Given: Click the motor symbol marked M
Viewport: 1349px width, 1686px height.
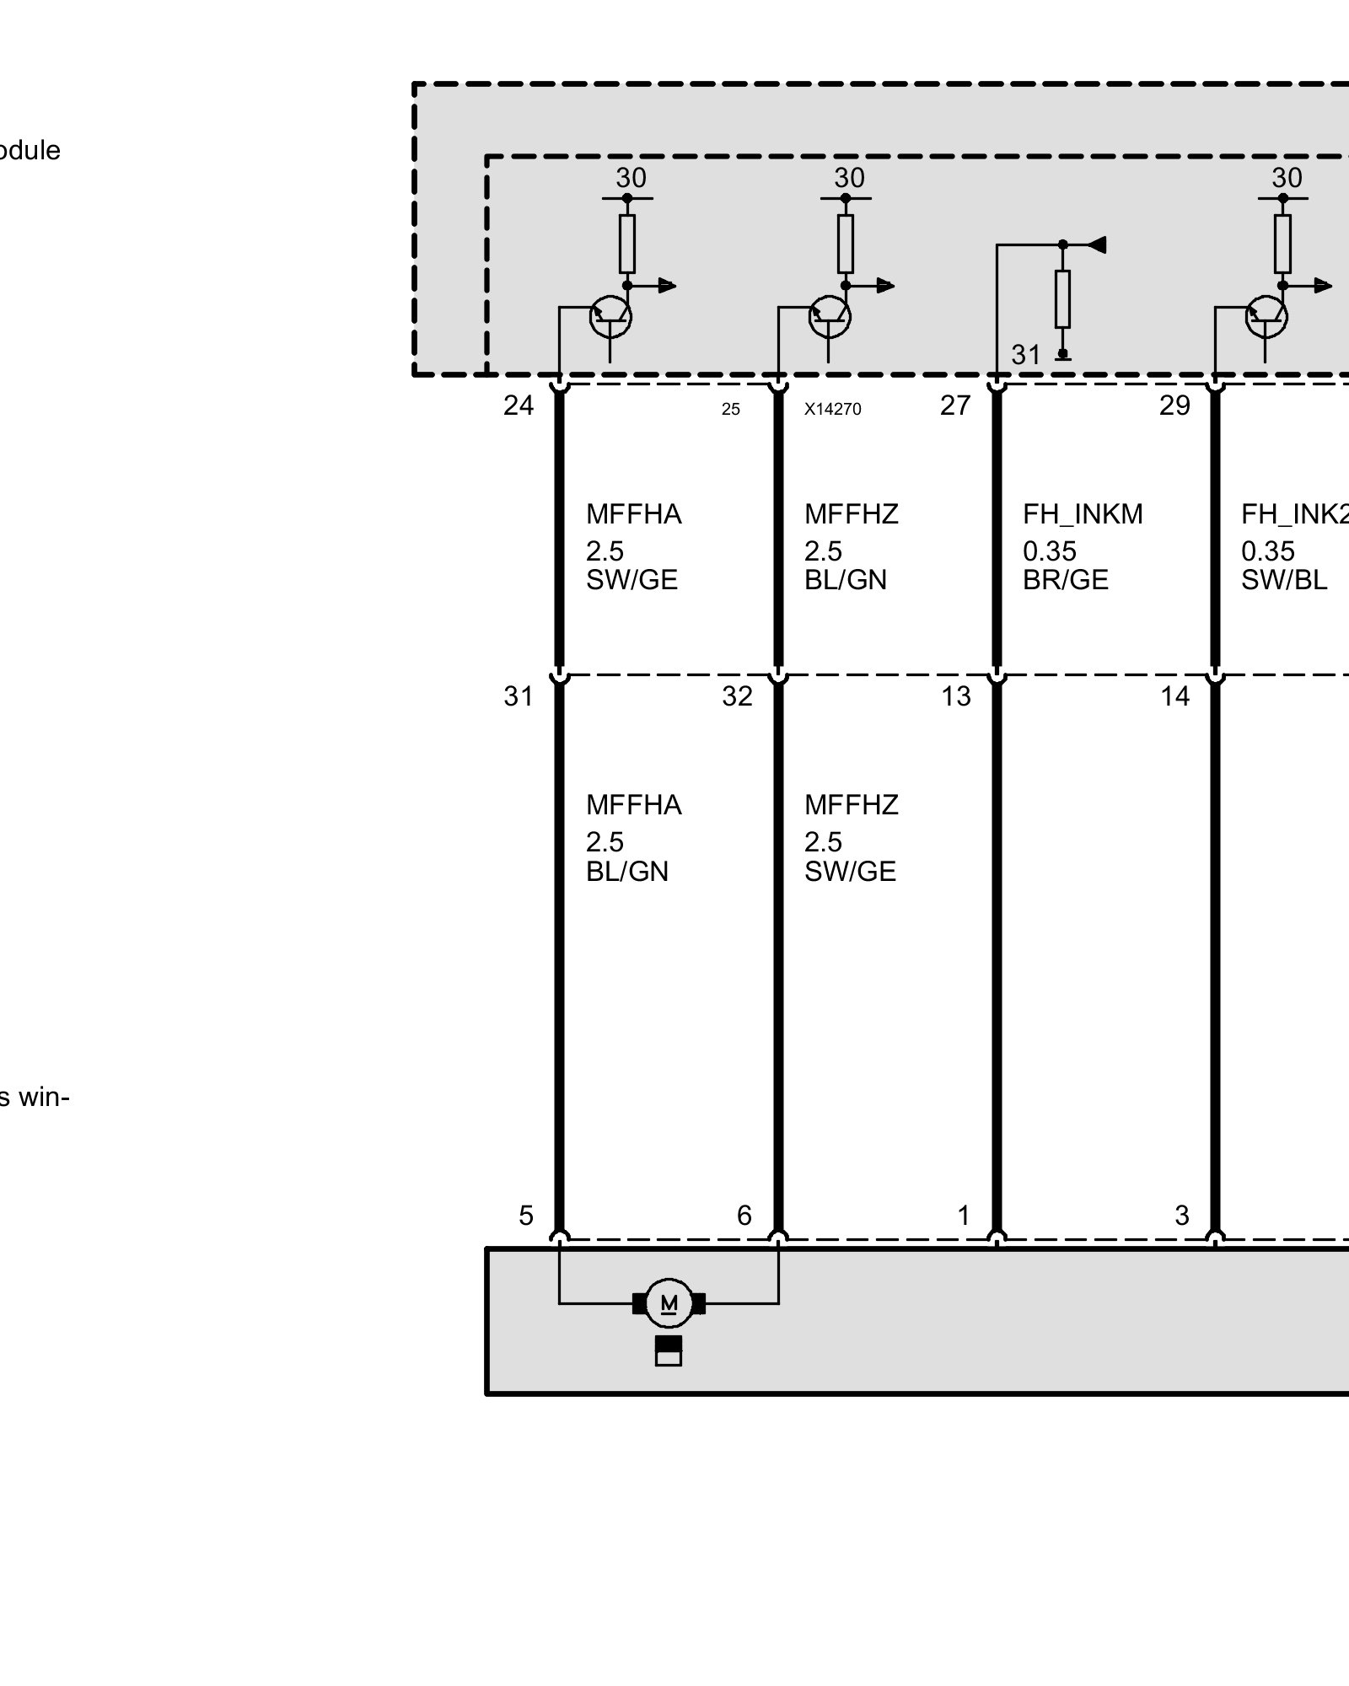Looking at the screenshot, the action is pyautogui.click(x=669, y=1303).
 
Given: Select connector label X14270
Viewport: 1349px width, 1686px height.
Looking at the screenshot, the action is pyautogui.click(x=832, y=410).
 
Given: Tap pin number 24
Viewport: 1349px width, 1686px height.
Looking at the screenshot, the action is pyautogui.click(x=519, y=406).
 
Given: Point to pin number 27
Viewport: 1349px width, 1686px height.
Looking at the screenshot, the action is pyautogui.click(x=955, y=406).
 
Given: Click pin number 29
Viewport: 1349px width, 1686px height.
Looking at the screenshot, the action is pyautogui.click(x=1174, y=406).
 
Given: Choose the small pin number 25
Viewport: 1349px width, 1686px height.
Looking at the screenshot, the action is pyautogui.click(x=730, y=410).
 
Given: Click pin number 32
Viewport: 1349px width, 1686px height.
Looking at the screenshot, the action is pyautogui.click(x=737, y=696).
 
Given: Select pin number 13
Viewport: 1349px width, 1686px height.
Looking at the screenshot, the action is pyautogui.click(x=956, y=696).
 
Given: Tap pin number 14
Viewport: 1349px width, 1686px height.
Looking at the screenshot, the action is pyautogui.click(x=1174, y=696).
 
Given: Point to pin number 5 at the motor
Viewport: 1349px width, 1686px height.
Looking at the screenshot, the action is pyautogui.click(x=526, y=1216).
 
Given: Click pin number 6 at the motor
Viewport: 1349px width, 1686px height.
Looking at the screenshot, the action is pyautogui.click(x=744, y=1216).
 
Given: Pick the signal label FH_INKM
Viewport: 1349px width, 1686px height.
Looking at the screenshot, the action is pyautogui.click(x=1083, y=514).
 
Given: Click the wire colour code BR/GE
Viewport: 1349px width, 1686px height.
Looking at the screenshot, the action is pyautogui.click(x=1065, y=581).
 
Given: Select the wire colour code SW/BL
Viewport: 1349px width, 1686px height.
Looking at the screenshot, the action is pyautogui.click(x=1283, y=581).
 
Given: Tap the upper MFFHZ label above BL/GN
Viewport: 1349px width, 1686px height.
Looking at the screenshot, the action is pyautogui.click(x=852, y=514).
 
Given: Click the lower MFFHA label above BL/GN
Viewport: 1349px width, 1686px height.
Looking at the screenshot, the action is pyautogui.click(x=634, y=805).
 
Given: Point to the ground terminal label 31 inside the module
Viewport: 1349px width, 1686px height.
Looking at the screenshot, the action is pyautogui.click(x=1026, y=355).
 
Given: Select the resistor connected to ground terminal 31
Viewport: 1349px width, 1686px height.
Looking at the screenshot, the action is pyautogui.click(x=1063, y=299).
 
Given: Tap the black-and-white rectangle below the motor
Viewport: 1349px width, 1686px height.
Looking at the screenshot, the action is pyautogui.click(x=669, y=1350).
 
